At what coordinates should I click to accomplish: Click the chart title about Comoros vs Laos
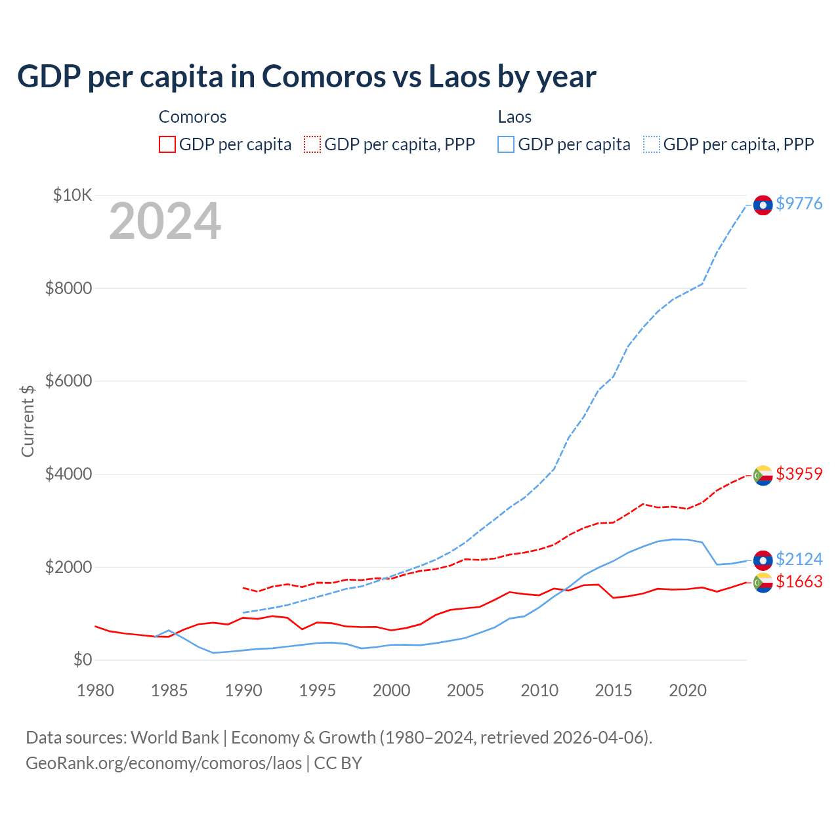[x=306, y=76]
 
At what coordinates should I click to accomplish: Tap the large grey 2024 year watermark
[x=165, y=222]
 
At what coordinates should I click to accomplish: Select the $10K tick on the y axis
[x=72, y=195]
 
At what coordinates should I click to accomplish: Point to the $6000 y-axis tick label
[x=68, y=381]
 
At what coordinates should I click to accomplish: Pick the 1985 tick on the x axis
[x=169, y=690]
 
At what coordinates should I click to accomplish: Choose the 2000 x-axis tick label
[x=392, y=690]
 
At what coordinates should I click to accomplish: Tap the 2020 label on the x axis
[x=687, y=690]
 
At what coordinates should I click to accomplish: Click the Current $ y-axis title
[x=28, y=421]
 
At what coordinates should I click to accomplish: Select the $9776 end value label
[x=799, y=203]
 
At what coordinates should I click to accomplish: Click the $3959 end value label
[x=799, y=474]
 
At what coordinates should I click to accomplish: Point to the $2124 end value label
[x=799, y=559]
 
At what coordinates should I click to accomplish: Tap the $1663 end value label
[x=799, y=581]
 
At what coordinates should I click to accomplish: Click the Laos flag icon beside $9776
[x=763, y=205]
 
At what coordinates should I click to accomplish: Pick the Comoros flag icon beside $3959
[x=763, y=475]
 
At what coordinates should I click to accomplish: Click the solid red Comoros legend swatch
[x=167, y=144]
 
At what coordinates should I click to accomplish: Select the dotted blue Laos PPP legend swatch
[x=652, y=144]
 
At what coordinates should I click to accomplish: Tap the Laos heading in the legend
[x=514, y=117]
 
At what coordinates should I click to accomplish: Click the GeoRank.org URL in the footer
[x=163, y=763]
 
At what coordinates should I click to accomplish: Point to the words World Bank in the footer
[x=175, y=738]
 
